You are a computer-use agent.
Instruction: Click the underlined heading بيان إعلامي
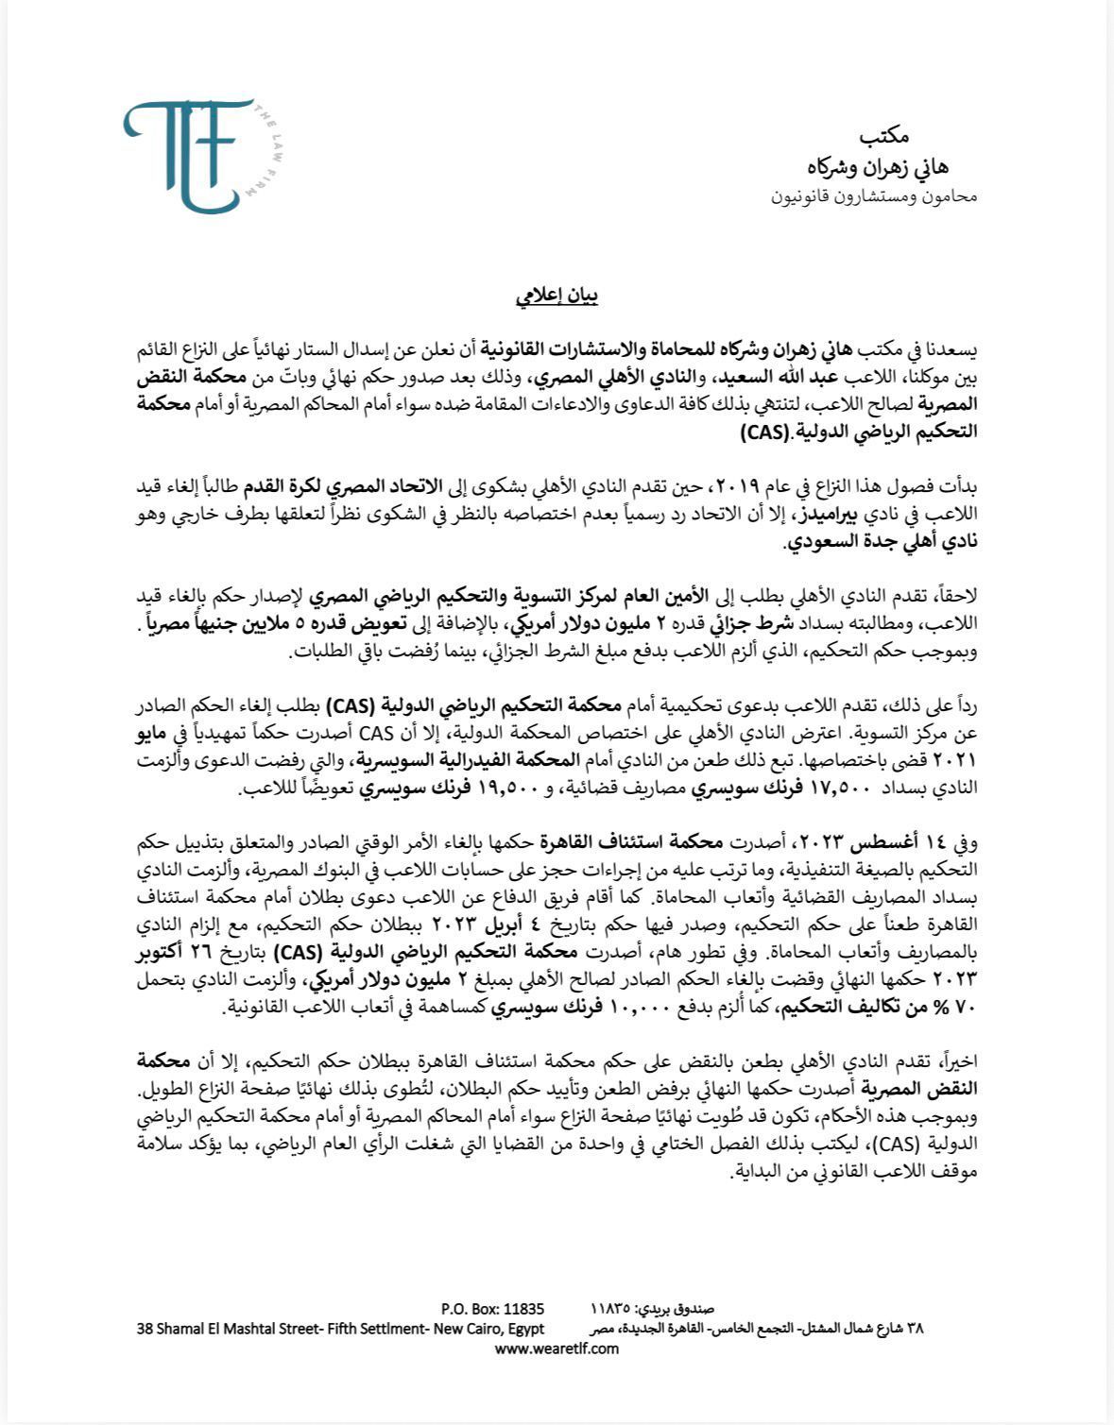click(x=557, y=297)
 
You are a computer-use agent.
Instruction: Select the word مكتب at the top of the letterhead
click(x=921, y=137)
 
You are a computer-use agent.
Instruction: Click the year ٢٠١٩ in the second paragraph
click(x=733, y=487)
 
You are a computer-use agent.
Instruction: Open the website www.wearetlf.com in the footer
click(x=557, y=1349)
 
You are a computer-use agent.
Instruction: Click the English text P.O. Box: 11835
click(x=492, y=1309)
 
